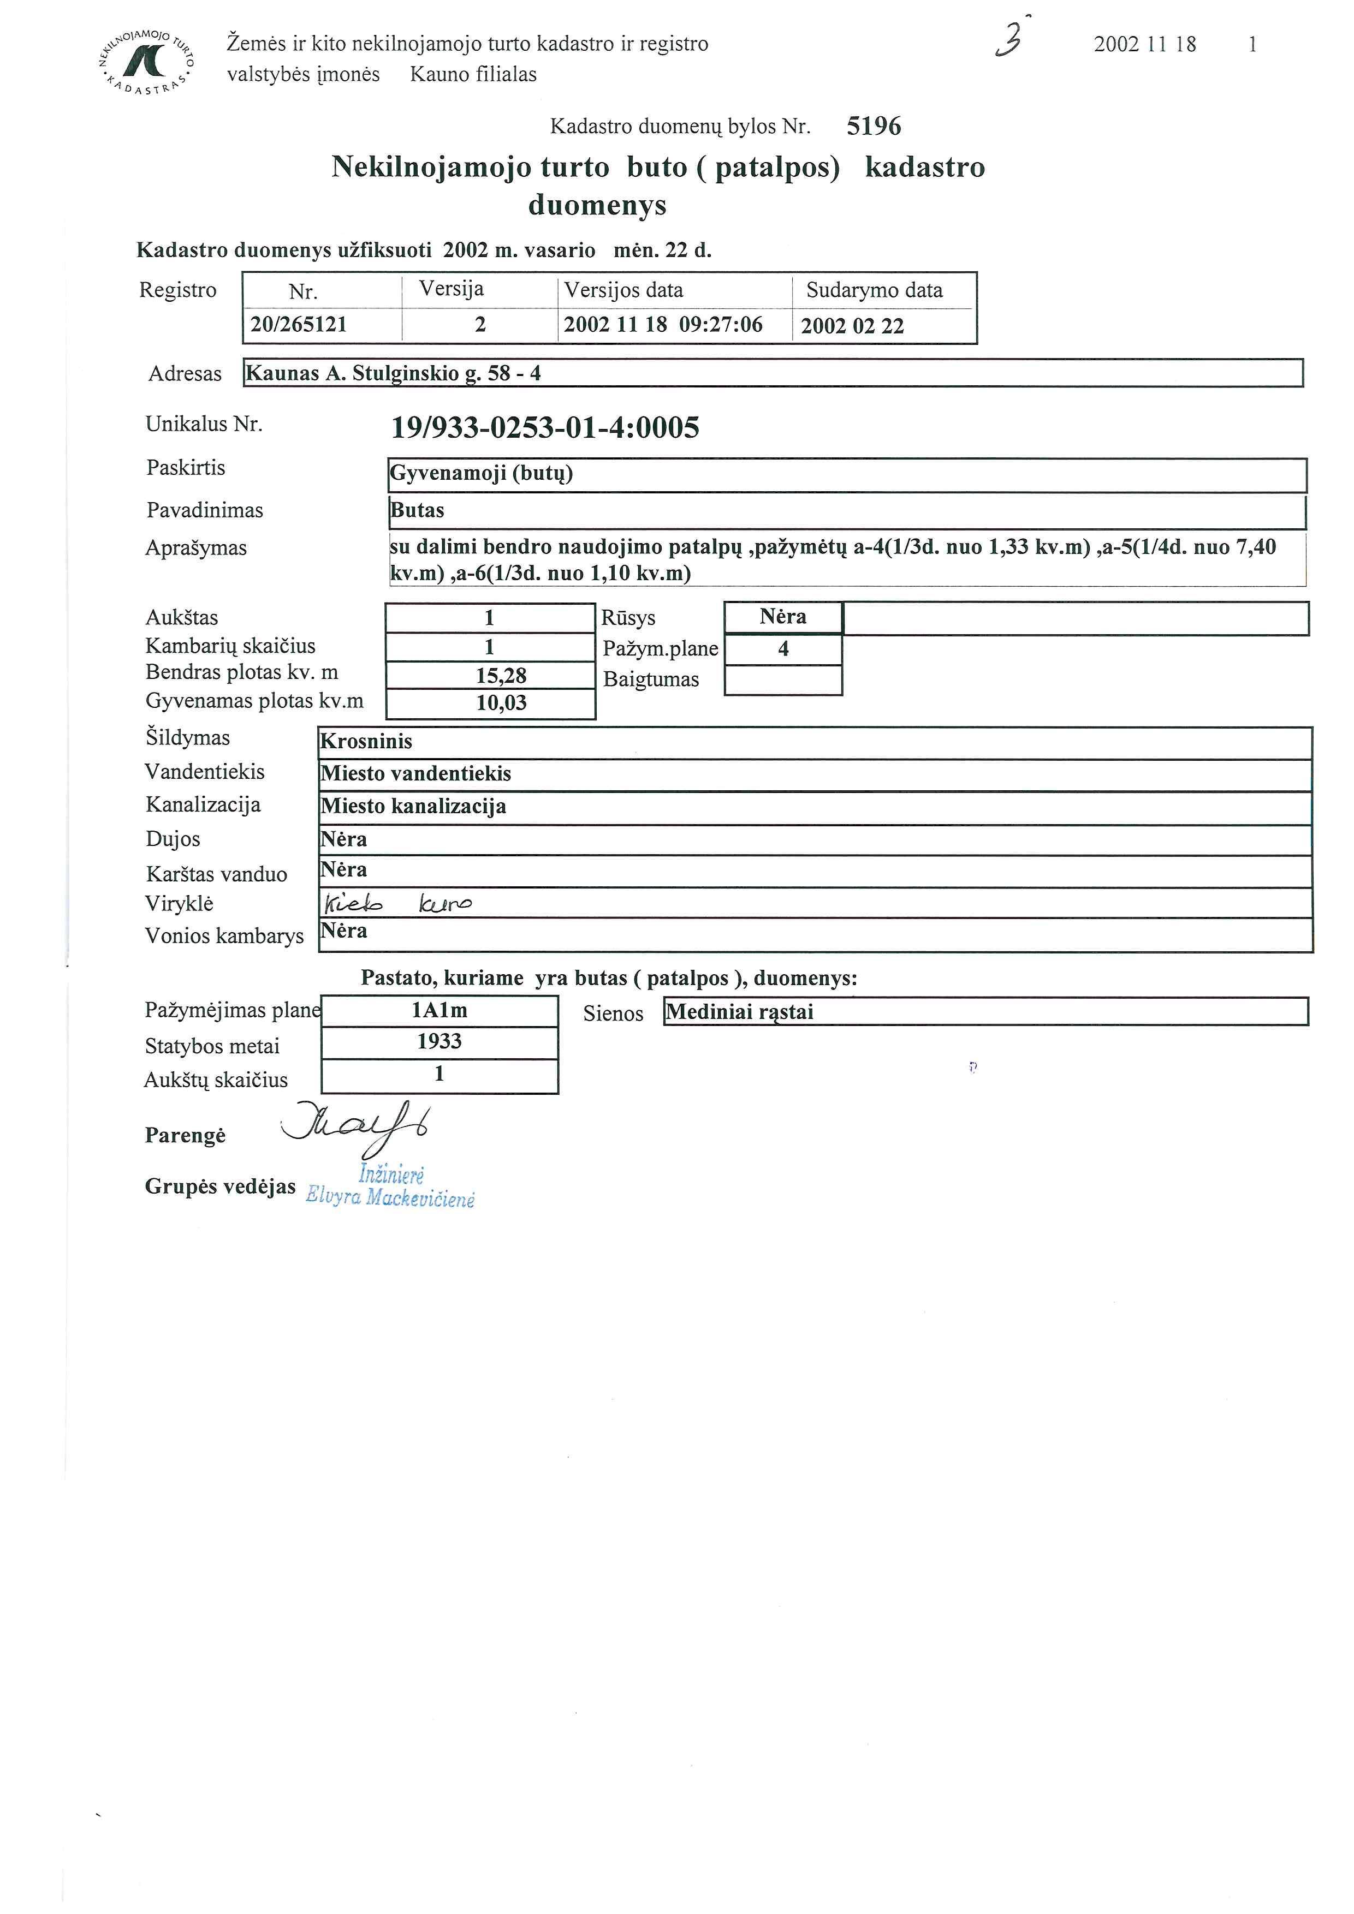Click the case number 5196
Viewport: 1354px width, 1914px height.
(x=873, y=127)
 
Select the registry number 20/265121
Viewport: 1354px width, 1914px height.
(x=299, y=325)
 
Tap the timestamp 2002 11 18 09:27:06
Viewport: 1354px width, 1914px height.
(x=663, y=325)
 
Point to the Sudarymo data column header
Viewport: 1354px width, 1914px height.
(x=874, y=290)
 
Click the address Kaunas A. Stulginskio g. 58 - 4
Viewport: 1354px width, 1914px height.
(x=394, y=373)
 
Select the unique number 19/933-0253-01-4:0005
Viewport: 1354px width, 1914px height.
(x=545, y=428)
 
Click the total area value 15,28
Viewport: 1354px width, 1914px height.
(x=501, y=675)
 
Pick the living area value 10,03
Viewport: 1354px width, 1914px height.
(x=501, y=703)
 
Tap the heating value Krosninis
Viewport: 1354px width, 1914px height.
(x=367, y=742)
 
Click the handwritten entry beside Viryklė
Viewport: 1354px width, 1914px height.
(x=397, y=904)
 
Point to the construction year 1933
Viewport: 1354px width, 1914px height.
(x=440, y=1041)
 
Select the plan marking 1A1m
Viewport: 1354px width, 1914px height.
(x=440, y=1010)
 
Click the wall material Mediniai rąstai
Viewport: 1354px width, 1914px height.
(x=740, y=1012)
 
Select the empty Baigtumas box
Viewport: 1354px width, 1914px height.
(x=783, y=680)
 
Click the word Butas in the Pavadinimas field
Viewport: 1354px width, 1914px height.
(x=418, y=510)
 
